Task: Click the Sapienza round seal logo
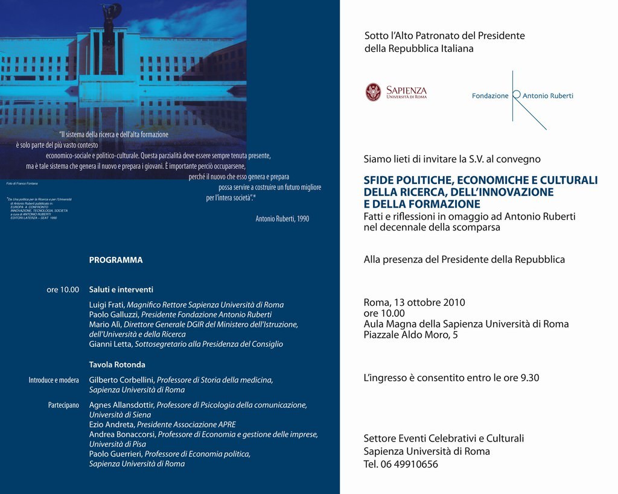pos(374,92)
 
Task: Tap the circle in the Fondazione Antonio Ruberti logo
pos(516,95)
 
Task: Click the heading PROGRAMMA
pos(116,260)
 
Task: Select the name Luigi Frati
pos(107,305)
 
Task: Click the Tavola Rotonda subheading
pos(117,364)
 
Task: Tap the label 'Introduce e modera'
pos(54,380)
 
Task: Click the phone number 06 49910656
pos(410,464)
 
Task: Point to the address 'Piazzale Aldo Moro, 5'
pos(410,335)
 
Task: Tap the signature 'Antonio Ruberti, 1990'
pos(282,218)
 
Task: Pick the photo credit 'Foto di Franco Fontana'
pos(22,183)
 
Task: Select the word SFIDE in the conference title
pos(379,180)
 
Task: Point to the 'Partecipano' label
pos(63,405)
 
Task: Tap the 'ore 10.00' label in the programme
pos(63,290)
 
